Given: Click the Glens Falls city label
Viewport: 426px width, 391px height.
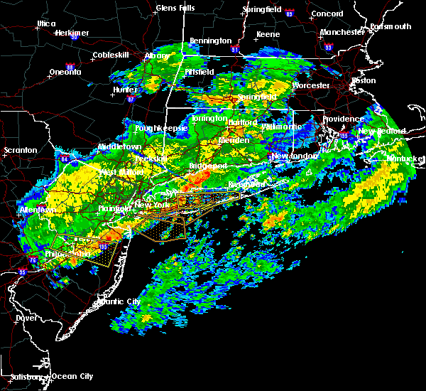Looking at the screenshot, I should point(177,9).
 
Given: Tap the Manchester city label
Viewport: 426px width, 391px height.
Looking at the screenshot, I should point(342,33).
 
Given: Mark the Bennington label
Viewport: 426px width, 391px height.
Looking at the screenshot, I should point(210,42).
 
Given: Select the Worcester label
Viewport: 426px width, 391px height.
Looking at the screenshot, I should point(311,85).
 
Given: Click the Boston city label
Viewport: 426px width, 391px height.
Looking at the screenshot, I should point(364,80).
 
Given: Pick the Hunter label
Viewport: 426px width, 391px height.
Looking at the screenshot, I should point(124,90).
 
